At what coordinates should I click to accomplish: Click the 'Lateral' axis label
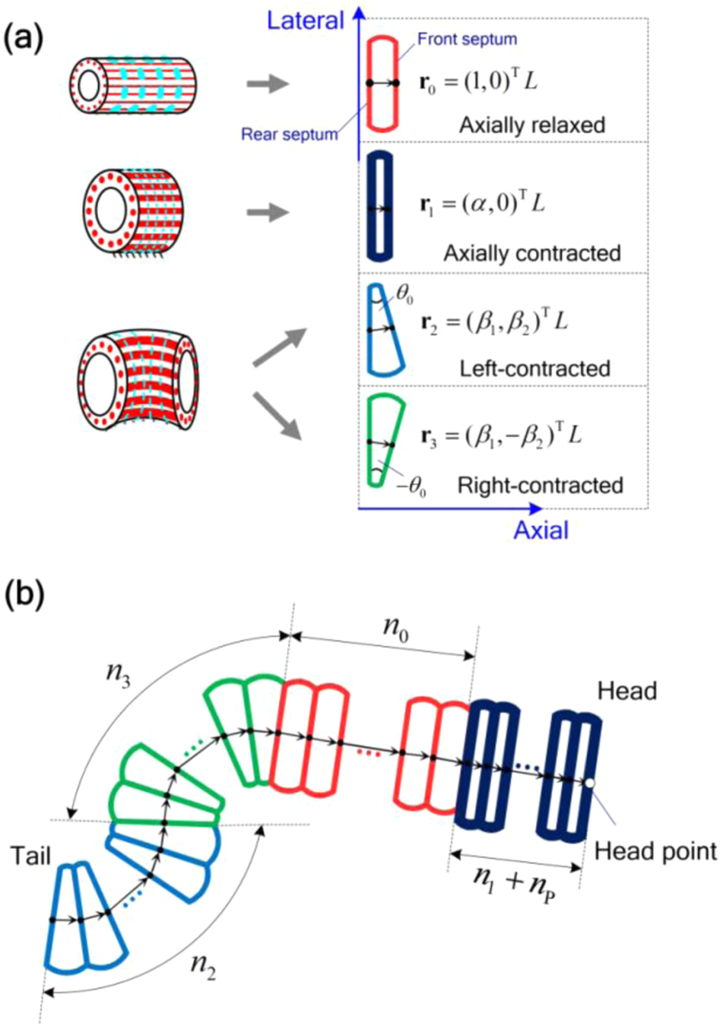click(306, 20)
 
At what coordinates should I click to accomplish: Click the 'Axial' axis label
click(541, 530)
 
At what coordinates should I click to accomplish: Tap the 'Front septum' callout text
click(467, 39)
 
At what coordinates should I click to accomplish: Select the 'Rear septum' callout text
click(289, 135)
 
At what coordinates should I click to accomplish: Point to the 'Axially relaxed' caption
click(531, 125)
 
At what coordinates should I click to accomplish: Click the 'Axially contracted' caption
click(532, 252)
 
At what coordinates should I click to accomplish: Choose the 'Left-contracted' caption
click(534, 369)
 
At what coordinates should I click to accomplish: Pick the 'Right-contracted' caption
click(540, 486)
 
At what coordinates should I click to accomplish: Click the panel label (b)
click(24, 594)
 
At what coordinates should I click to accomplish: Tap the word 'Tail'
click(30, 856)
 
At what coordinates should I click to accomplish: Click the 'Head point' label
click(655, 851)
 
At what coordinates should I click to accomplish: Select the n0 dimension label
click(395, 629)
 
